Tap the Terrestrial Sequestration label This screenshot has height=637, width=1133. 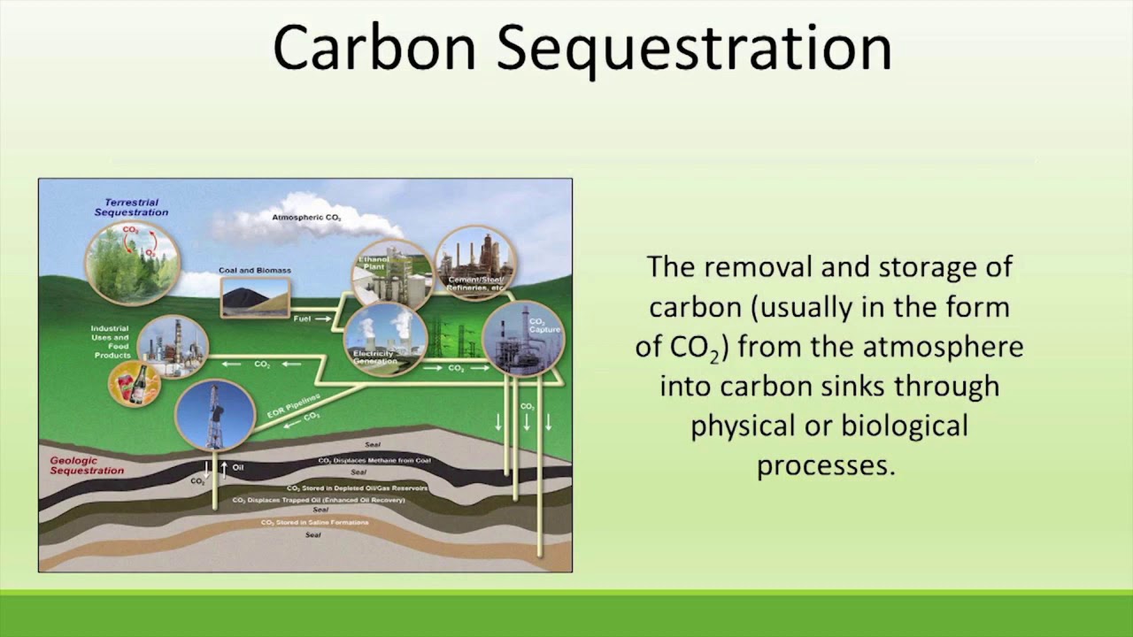pyautogui.click(x=131, y=208)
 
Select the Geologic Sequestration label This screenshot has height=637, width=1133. pyautogui.click(x=86, y=466)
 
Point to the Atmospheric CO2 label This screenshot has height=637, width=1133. pyautogui.click(x=306, y=218)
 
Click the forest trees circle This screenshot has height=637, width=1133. pyautogui.click(x=132, y=263)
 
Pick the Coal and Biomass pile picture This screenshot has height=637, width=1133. pyautogui.click(x=255, y=297)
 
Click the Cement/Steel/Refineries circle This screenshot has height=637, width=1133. pyautogui.click(x=475, y=263)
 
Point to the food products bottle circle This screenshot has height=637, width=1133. pyautogui.click(x=134, y=385)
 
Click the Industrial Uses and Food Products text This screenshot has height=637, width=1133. pyautogui.click(x=111, y=342)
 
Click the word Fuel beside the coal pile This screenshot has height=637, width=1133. pyautogui.click(x=302, y=318)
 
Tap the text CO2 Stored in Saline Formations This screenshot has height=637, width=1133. pyautogui.click(x=314, y=523)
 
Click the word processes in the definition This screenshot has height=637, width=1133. pyautogui.click(x=826, y=465)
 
